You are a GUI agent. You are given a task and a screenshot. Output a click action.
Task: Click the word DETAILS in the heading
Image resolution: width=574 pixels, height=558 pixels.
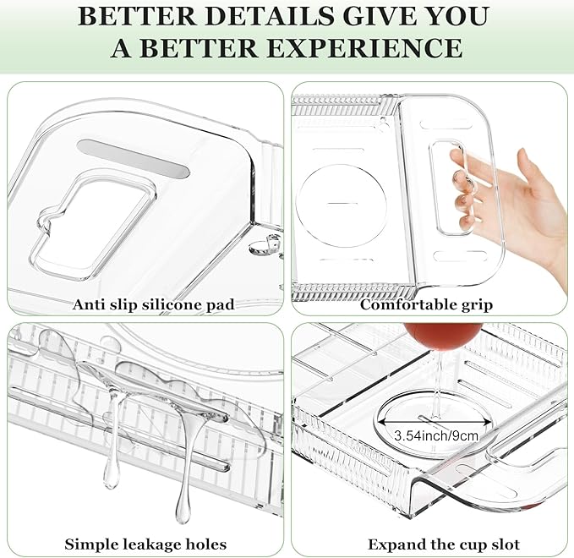click(244, 17)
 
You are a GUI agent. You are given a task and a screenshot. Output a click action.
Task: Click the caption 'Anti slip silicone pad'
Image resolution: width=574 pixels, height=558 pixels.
click(153, 304)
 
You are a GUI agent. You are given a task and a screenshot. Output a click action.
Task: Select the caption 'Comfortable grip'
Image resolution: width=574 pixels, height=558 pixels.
click(426, 304)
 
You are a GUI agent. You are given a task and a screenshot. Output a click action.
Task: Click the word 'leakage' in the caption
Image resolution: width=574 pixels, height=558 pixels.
click(147, 544)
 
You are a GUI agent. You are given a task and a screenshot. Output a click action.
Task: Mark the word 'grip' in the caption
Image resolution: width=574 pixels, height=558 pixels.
click(475, 304)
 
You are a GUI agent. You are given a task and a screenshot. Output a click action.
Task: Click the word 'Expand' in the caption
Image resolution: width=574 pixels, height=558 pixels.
click(391, 544)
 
